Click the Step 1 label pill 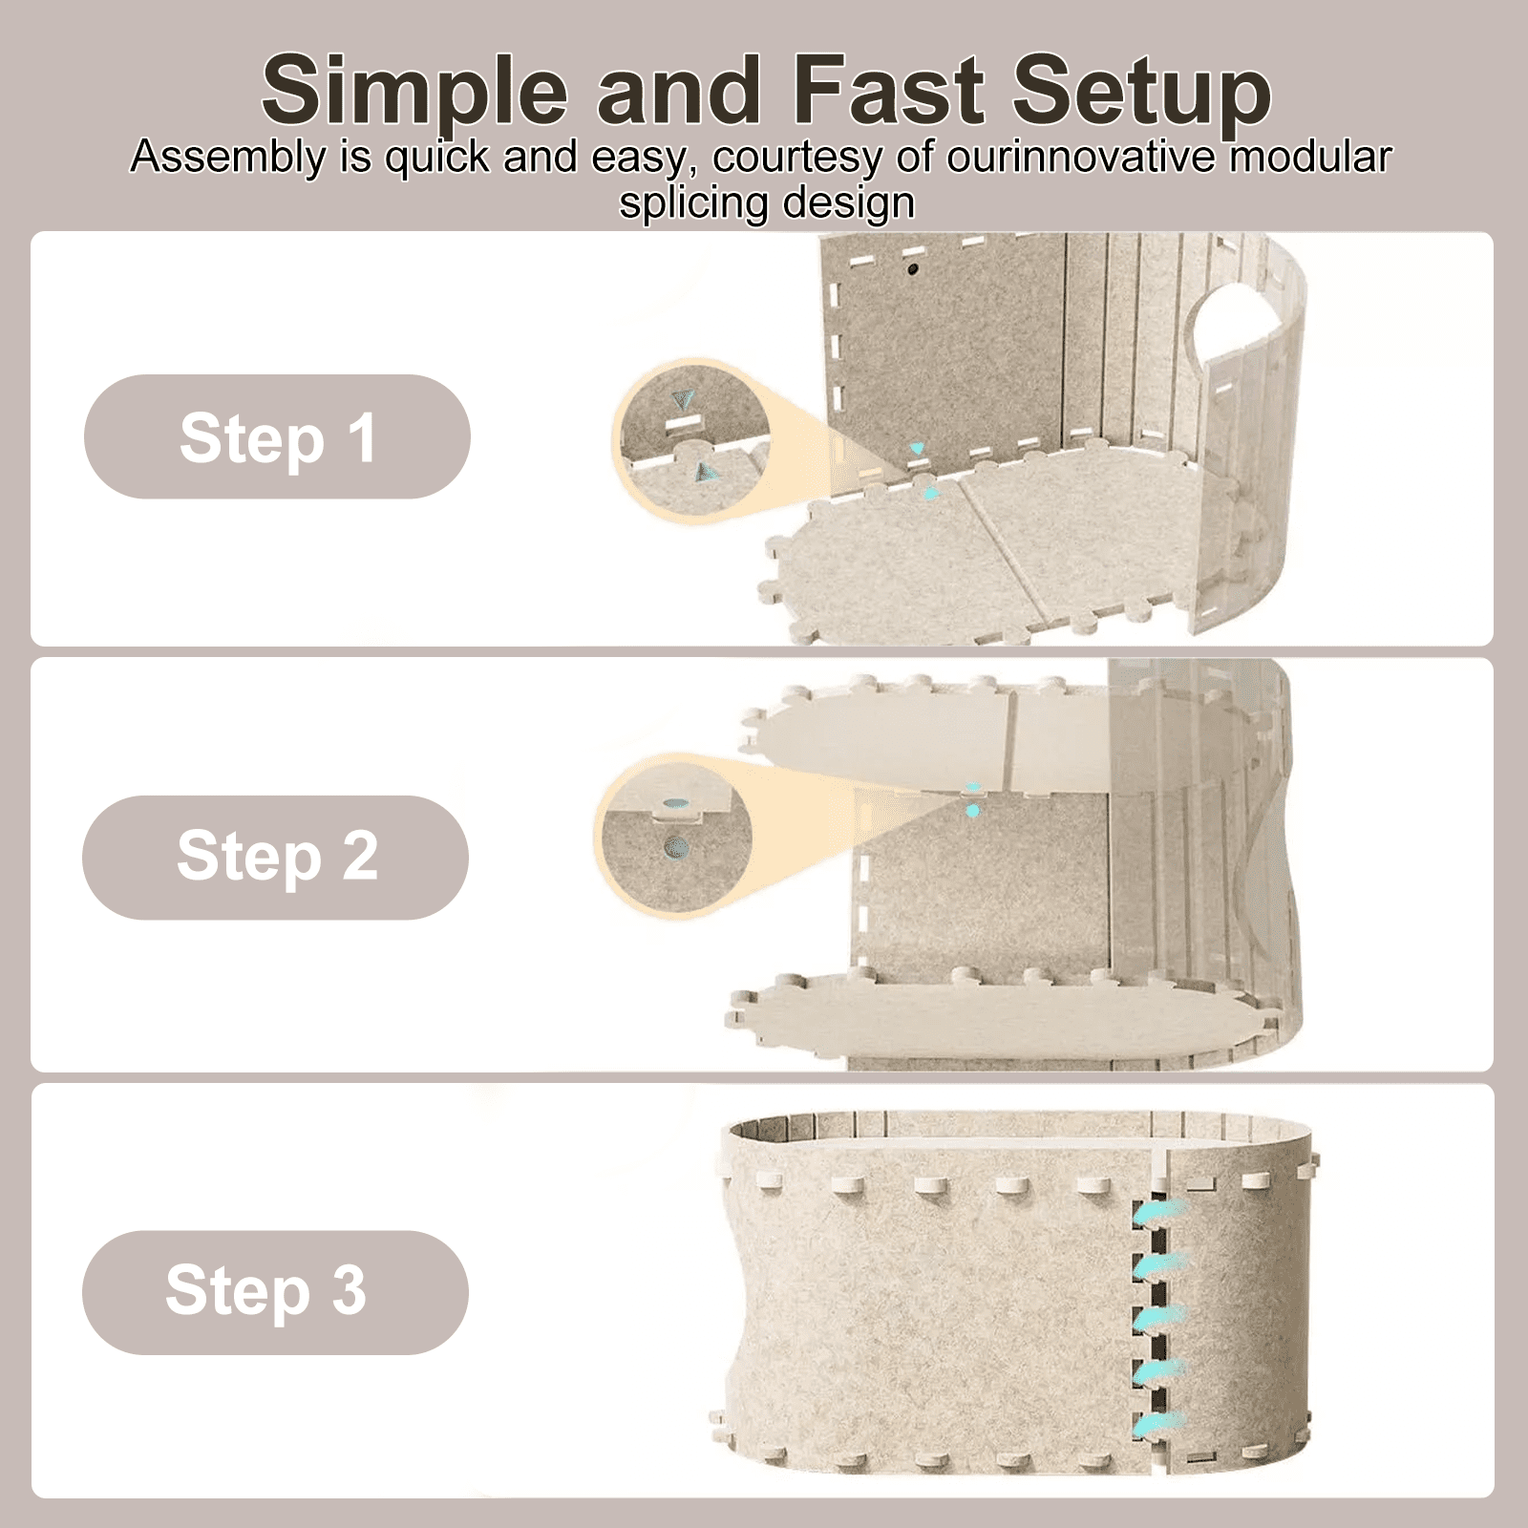277,436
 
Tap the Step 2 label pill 275,858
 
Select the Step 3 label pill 275,1292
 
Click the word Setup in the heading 1141,93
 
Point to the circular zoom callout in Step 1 690,439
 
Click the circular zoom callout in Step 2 674,836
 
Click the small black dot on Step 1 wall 912,270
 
